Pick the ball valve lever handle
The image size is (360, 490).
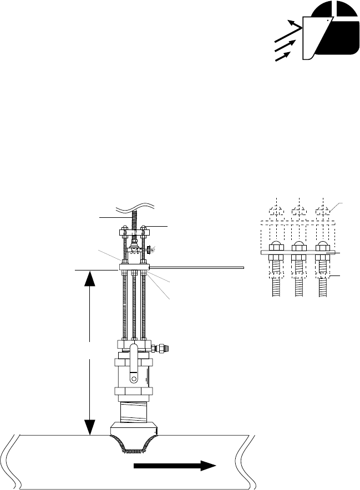[x=133, y=366]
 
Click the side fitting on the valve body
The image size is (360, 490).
[x=162, y=349]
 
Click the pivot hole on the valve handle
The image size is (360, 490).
[x=133, y=380]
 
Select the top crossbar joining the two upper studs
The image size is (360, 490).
[x=133, y=228]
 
